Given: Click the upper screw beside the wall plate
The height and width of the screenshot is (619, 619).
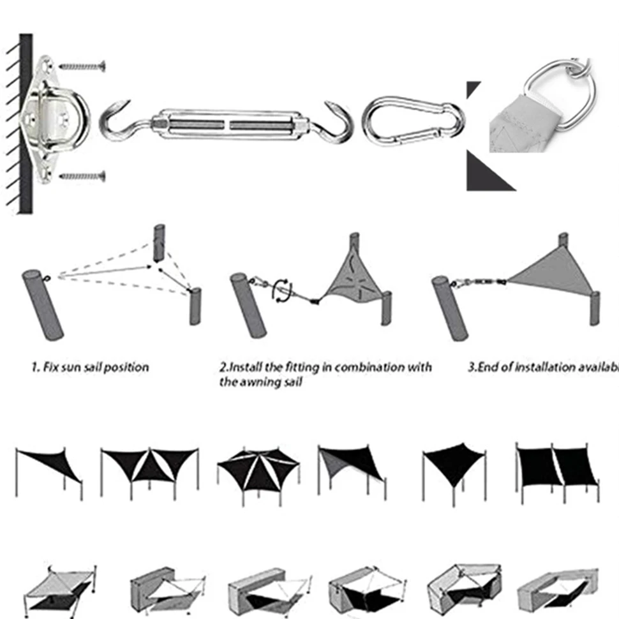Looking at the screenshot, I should [82, 65].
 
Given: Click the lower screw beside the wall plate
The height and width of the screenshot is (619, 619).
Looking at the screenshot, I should [82, 174].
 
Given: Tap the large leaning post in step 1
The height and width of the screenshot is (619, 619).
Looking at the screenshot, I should [43, 304].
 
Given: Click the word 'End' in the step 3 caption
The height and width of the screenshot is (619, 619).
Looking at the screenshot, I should [490, 368].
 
